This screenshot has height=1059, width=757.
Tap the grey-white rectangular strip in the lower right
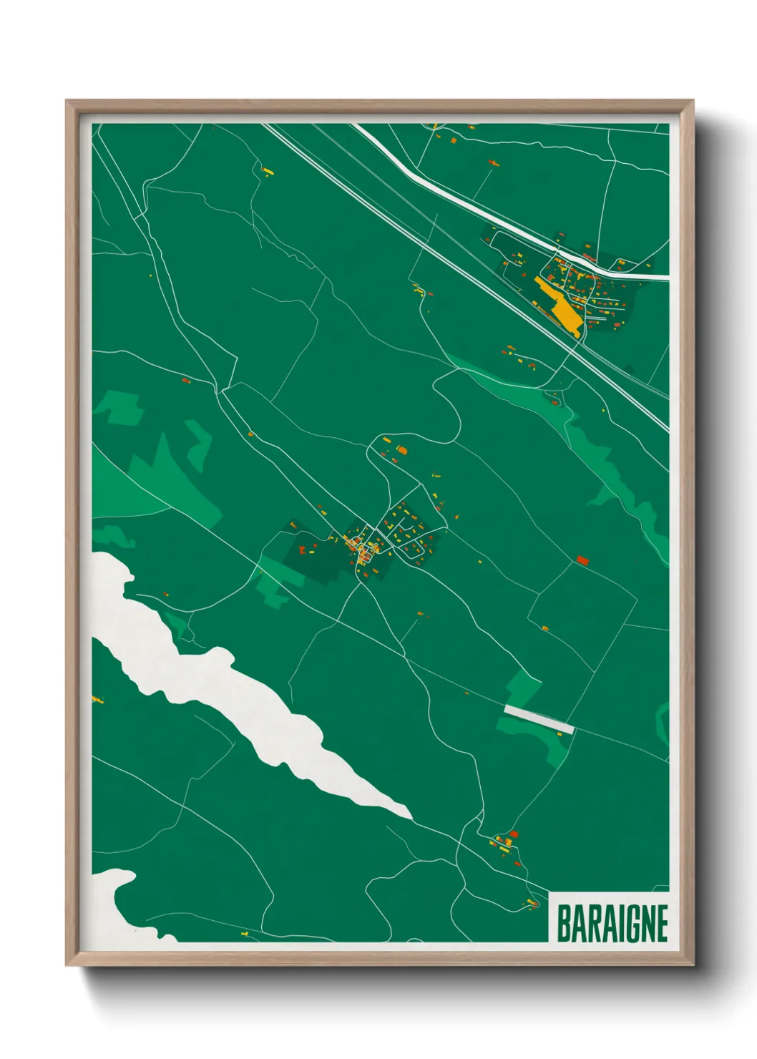tap(539, 719)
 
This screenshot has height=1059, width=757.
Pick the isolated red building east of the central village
tap(582, 560)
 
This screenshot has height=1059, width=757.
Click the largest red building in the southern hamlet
tap(513, 834)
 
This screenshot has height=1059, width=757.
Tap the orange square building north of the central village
tap(401, 450)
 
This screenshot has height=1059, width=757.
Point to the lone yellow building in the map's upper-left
tap(268, 171)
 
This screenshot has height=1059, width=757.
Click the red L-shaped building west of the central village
tap(303, 550)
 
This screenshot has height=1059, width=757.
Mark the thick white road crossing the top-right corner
tap(501, 215)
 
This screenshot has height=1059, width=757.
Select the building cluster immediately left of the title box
tap(532, 903)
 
